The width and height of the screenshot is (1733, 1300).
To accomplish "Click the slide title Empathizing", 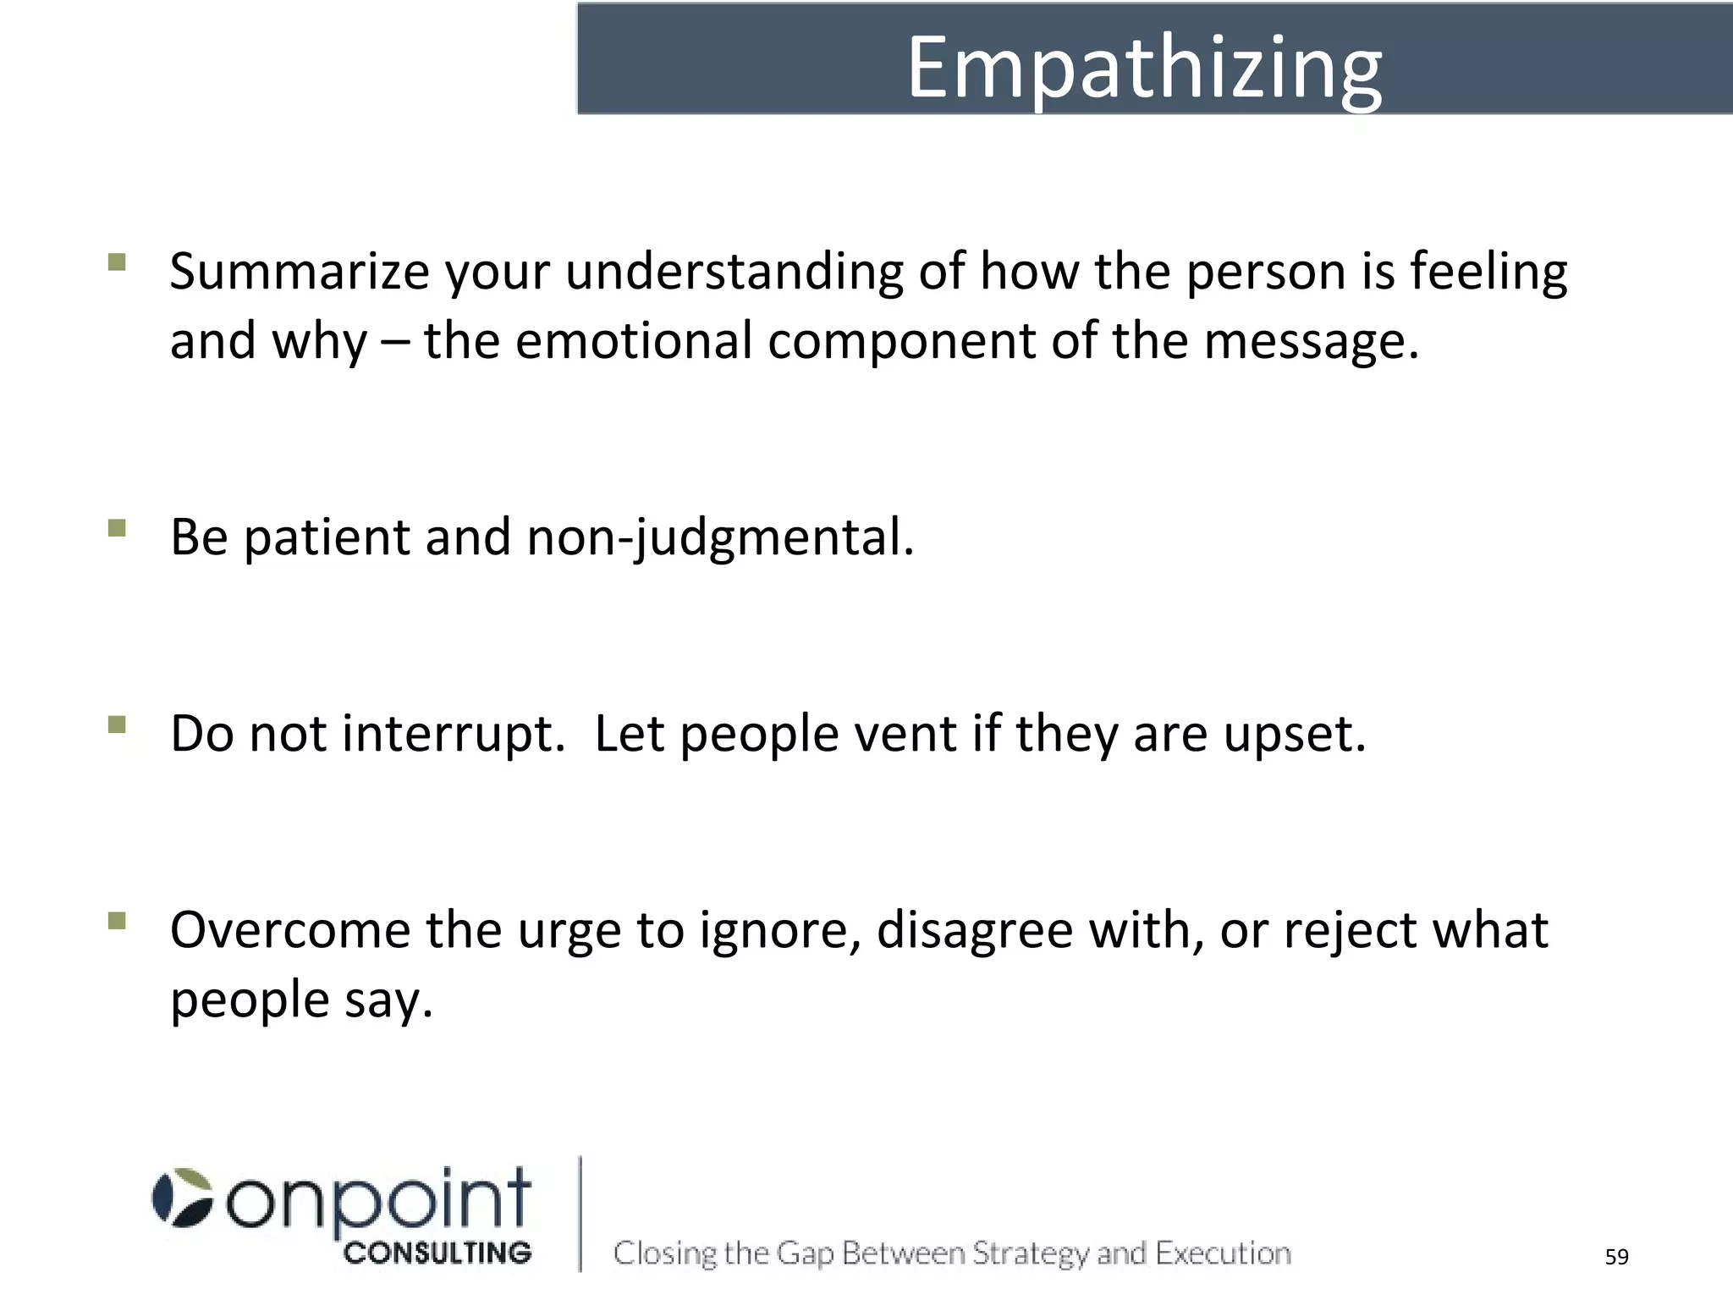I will (1144, 68).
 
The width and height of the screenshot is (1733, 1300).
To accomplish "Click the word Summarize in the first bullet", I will (300, 273).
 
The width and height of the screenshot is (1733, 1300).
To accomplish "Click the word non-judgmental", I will (719, 538).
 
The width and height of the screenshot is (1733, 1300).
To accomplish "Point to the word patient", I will (327, 538).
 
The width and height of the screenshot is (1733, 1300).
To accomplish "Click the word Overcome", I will (289, 931).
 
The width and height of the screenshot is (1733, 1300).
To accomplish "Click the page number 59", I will (1616, 1257).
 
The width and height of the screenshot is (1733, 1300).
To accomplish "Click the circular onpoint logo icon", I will (182, 1198).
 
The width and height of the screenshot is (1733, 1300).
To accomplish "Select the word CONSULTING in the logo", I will (437, 1253).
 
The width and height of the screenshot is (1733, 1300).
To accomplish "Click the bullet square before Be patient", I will (118, 528).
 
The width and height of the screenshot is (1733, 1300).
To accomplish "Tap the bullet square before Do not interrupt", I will (118, 724).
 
